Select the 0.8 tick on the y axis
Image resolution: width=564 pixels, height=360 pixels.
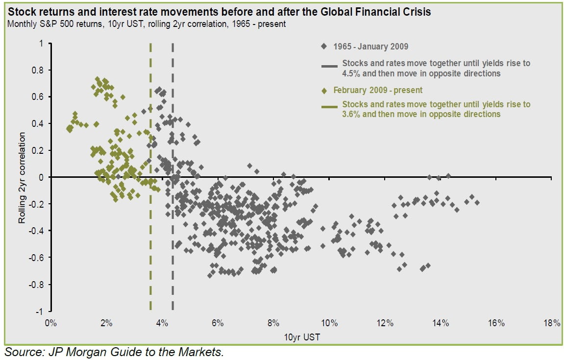(38, 70)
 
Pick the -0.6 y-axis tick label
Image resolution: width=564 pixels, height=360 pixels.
(37, 258)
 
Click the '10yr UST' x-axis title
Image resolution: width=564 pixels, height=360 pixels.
(301, 337)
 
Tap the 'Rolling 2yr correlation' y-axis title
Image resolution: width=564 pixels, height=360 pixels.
(22, 177)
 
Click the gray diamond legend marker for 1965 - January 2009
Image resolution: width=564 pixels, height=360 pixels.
(324, 47)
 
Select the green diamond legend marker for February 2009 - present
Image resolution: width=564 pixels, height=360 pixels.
(324, 90)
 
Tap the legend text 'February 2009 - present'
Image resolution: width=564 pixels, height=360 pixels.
(378, 90)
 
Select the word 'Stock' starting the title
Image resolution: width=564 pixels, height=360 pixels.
(18, 12)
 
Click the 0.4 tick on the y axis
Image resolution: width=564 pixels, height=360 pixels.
(38, 123)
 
